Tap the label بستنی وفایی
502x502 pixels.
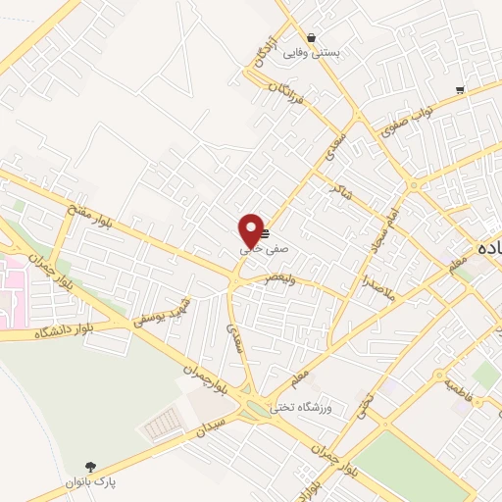click(311, 53)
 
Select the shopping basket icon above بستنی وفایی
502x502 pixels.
click(311, 38)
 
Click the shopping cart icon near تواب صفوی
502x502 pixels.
click(460, 90)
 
